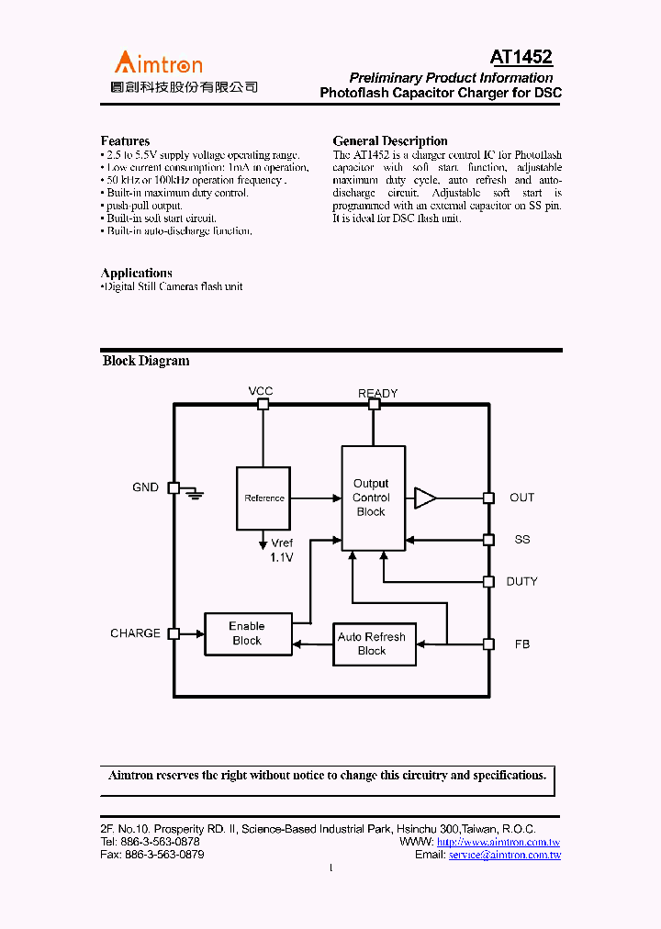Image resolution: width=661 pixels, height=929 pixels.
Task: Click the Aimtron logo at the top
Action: [x=158, y=64]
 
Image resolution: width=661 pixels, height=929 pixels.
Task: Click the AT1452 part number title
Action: [x=521, y=58]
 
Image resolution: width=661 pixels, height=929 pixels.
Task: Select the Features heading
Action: [x=125, y=141]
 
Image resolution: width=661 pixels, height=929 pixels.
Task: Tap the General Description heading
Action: [x=390, y=141]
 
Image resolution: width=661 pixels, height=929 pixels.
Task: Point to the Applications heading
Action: [x=136, y=274]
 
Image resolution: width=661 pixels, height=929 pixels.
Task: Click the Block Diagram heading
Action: [x=146, y=361]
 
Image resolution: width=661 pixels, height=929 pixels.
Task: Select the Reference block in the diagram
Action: [x=263, y=498]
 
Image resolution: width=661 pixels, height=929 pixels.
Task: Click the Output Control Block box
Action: [x=373, y=498]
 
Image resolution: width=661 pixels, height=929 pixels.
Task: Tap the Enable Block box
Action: [x=247, y=633]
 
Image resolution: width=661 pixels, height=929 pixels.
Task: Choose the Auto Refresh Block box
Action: [x=372, y=644]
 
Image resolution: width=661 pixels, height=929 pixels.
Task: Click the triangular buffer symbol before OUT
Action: [x=425, y=498]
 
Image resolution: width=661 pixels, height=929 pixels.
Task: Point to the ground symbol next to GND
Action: [x=194, y=493]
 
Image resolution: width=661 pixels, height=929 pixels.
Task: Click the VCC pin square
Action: [x=263, y=404]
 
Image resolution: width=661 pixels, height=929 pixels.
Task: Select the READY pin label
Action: [x=377, y=393]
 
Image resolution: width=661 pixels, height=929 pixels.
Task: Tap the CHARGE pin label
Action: [x=135, y=633]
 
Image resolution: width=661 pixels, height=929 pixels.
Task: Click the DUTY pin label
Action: [x=521, y=581]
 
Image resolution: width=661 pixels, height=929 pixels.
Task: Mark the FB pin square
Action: [x=489, y=644]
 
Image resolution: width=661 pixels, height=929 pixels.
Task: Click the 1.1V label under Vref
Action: [x=281, y=557]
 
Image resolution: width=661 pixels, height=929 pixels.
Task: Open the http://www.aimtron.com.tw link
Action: [x=499, y=842]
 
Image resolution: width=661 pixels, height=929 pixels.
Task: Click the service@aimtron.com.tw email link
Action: [x=504, y=855]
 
